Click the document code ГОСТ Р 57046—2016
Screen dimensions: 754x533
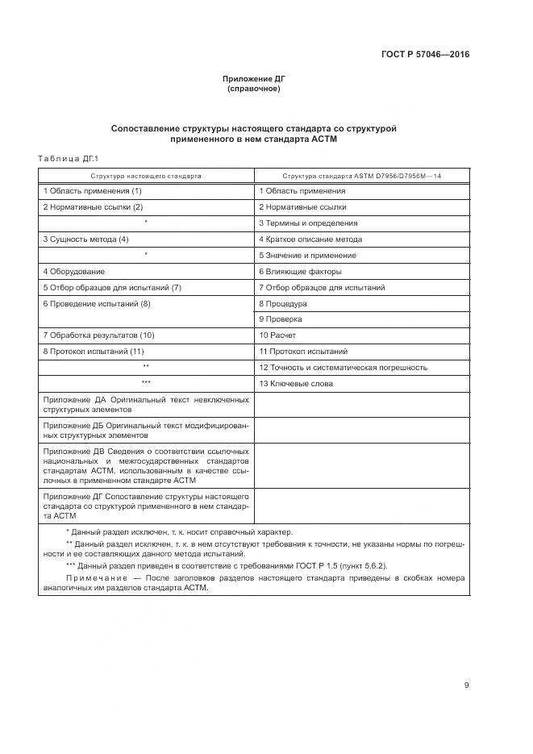[425, 55]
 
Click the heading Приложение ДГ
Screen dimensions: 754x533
[254, 78]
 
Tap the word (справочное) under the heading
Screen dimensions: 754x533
[254, 89]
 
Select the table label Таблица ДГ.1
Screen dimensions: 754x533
[68, 158]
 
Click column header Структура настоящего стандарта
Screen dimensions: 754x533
[146, 175]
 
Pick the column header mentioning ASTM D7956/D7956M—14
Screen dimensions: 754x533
[362, 175]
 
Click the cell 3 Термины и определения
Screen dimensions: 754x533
[308, 223]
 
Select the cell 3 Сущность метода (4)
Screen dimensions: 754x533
[85, 240]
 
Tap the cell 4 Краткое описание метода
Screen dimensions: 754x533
[310, 240]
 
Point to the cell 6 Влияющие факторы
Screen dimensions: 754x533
[300, 272]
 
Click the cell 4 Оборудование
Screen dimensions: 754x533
[74, 272]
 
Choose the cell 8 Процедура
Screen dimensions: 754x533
[283, 304]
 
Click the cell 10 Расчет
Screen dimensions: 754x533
[279, 335]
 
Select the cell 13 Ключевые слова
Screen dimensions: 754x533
[296, 384]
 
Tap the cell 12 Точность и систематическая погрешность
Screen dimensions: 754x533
[343, 368]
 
